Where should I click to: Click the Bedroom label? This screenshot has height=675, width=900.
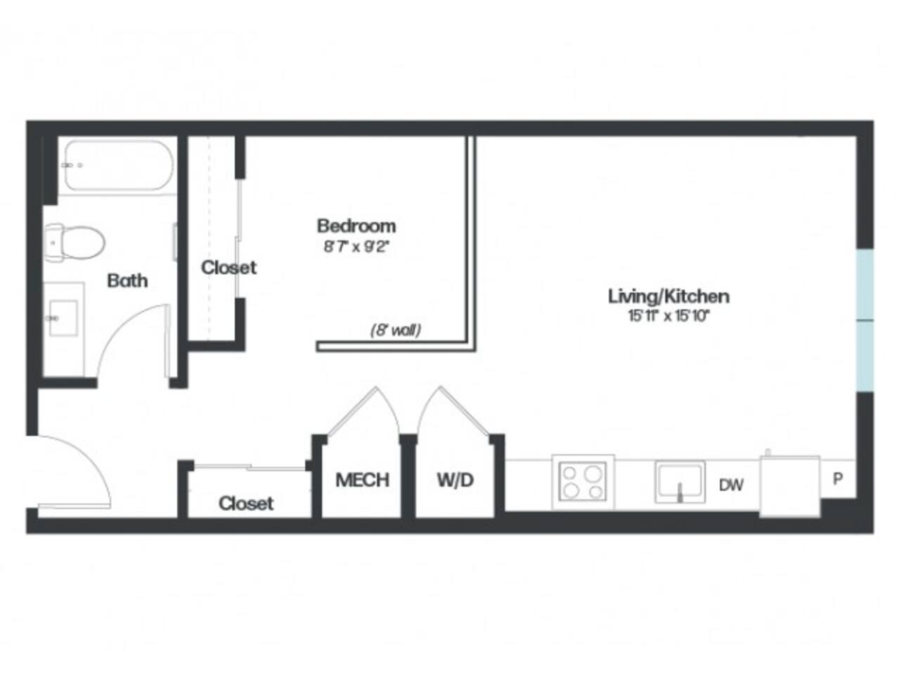356,226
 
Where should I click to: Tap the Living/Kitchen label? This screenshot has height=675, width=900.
668,296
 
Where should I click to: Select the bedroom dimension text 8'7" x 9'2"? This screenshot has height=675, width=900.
356,247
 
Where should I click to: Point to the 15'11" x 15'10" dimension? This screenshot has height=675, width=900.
669,316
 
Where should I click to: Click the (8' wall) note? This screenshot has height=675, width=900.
395,330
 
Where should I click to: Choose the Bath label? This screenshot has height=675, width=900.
127,281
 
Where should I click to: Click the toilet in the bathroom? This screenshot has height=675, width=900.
74,241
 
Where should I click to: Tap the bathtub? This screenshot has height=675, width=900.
117,165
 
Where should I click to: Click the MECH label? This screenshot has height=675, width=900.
362,480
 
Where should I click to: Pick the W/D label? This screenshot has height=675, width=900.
455,480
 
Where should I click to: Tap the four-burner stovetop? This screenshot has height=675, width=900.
583,482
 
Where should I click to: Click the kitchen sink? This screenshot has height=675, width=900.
679,482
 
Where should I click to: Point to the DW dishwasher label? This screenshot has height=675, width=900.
731,484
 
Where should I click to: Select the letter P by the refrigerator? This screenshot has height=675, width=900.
837,479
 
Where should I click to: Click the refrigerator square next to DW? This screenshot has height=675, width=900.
790,486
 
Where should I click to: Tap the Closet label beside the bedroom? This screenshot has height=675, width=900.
229,267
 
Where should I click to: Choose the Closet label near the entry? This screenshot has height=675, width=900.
245,503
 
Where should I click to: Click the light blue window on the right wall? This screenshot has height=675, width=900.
865,319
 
